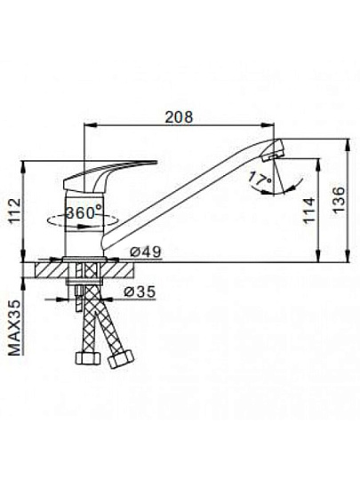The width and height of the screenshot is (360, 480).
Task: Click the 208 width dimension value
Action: (x=179, y=117)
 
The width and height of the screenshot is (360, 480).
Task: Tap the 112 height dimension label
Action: (x=14, y=211)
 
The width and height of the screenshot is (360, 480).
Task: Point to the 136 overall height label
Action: (x=338, y=200)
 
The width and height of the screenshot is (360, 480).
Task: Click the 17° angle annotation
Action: (x=260, y=179)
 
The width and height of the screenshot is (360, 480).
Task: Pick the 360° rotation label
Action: (x=84, y=212)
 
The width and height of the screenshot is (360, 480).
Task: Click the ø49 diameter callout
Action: (x=145, y=252)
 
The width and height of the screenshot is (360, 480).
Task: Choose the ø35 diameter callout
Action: (x=140, y=292)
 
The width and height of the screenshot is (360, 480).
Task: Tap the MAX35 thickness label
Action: (x=15, y=328)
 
